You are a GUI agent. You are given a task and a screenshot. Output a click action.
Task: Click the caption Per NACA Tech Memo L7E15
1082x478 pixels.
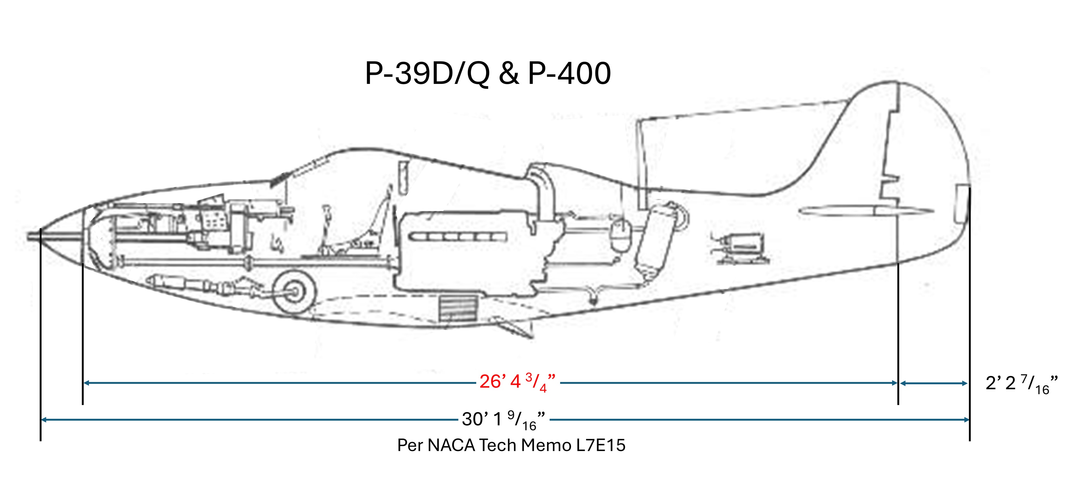point(511,445)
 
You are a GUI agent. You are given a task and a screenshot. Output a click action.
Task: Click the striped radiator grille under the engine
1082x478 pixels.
point(459,307)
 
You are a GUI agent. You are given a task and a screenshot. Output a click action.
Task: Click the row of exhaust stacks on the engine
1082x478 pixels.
point(458,237)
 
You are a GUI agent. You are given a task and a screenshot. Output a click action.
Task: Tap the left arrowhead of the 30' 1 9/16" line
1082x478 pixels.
point(43,420)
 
